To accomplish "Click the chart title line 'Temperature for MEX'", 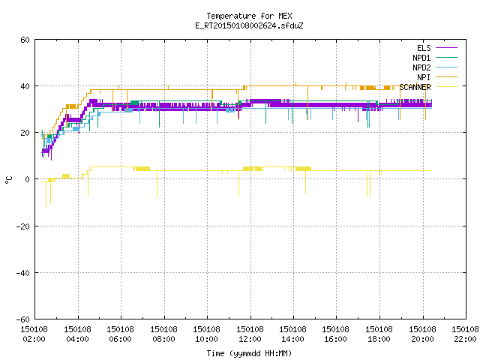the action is click(x=249, y=16).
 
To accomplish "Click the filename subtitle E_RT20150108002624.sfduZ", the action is click(x=249, y=25).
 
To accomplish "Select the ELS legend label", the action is click(x=424, y=48).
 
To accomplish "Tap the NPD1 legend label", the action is click(x=421, y=58).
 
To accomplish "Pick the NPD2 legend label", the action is click(x=421, y=67).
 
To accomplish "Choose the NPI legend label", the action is click(x=424, y=77).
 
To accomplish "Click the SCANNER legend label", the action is click(x=415, y=87).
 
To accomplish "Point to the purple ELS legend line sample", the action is click(x=446, y=48).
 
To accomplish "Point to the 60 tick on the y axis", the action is click(x=25, y=40).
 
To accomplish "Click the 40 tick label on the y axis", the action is click(x=25, y=86).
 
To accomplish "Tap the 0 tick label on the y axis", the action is click(x=28, y=179).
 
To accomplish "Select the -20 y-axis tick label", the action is click(x=23, y=226).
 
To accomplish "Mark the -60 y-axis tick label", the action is click(x=23, y=319).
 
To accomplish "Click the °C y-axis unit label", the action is click(x=8, y=180).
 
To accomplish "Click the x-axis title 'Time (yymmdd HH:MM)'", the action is click(x=249, y=353).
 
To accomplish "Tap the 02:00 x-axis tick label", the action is click(x=34, y=339).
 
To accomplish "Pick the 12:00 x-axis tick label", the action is click(x=250, y=339).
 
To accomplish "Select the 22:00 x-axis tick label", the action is click(x=465, y=339).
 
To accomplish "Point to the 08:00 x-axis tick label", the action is click(x=163, y=339).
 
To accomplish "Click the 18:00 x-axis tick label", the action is click(x=379, y=339).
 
